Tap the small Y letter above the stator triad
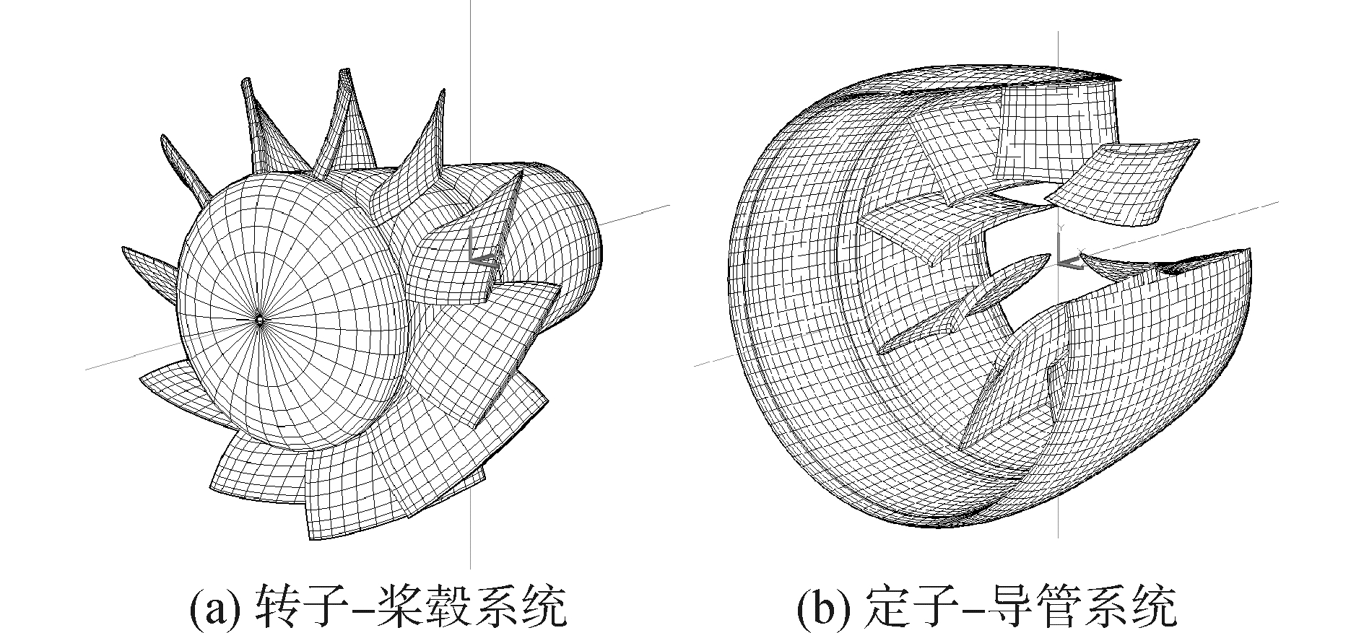(x=1059, y=227)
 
